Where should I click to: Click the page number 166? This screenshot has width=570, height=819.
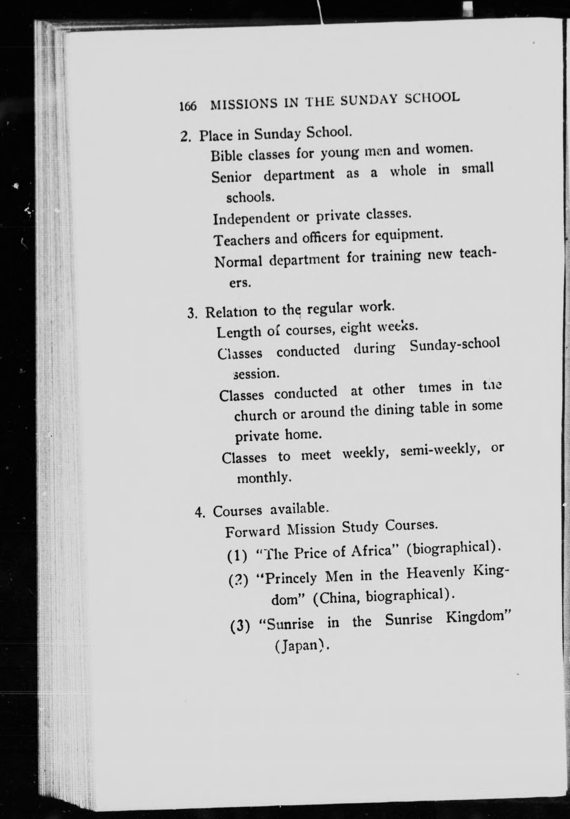pos(188,106)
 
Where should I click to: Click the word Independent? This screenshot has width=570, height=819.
pos(251,218)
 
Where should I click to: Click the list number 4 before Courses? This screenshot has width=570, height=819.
pos(199,513)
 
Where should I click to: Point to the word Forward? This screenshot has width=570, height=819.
pos(253,532)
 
